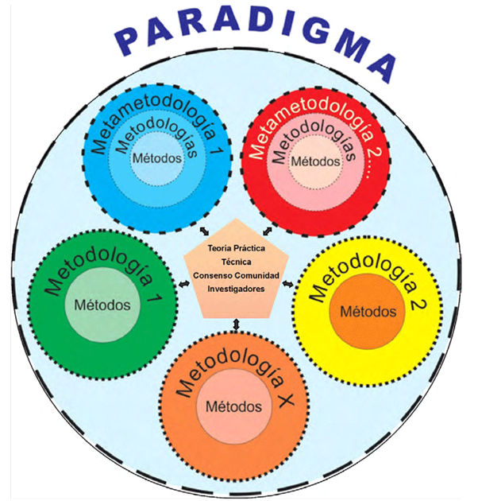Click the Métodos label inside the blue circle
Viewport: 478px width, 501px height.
[x=156, y=158]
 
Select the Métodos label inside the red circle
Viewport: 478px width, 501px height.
[x=315, y=161]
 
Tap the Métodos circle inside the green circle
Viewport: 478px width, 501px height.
[x=102, y=305]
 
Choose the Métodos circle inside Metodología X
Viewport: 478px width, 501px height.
[x=233, y=406]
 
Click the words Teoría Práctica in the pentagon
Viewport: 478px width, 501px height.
[x=235, y=249]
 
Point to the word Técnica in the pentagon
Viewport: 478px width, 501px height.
[x=235, y=262]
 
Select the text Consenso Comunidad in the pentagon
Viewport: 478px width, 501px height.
[x=235, y=275]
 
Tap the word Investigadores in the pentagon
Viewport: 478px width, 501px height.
[x=235, y=289]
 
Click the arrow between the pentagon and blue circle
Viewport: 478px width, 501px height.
[x=204, y=230]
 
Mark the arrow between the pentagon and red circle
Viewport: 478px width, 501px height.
[x=265, y=229]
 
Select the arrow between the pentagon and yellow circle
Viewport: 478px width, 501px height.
[x=288, y=283]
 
